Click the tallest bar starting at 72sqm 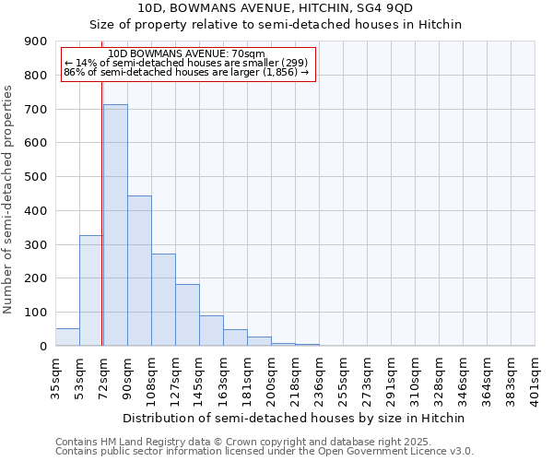tap(115, 225)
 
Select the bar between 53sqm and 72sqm tap(91, 290)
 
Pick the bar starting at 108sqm tap(163, 300)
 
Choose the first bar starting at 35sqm tap(67, 337)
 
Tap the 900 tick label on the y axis tap(36, 41)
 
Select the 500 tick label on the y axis tap(36, 177)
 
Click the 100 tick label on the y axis tap(36, 313)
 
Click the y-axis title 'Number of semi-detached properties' tap(8, 199)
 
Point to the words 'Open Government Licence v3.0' tap(400, 452)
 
